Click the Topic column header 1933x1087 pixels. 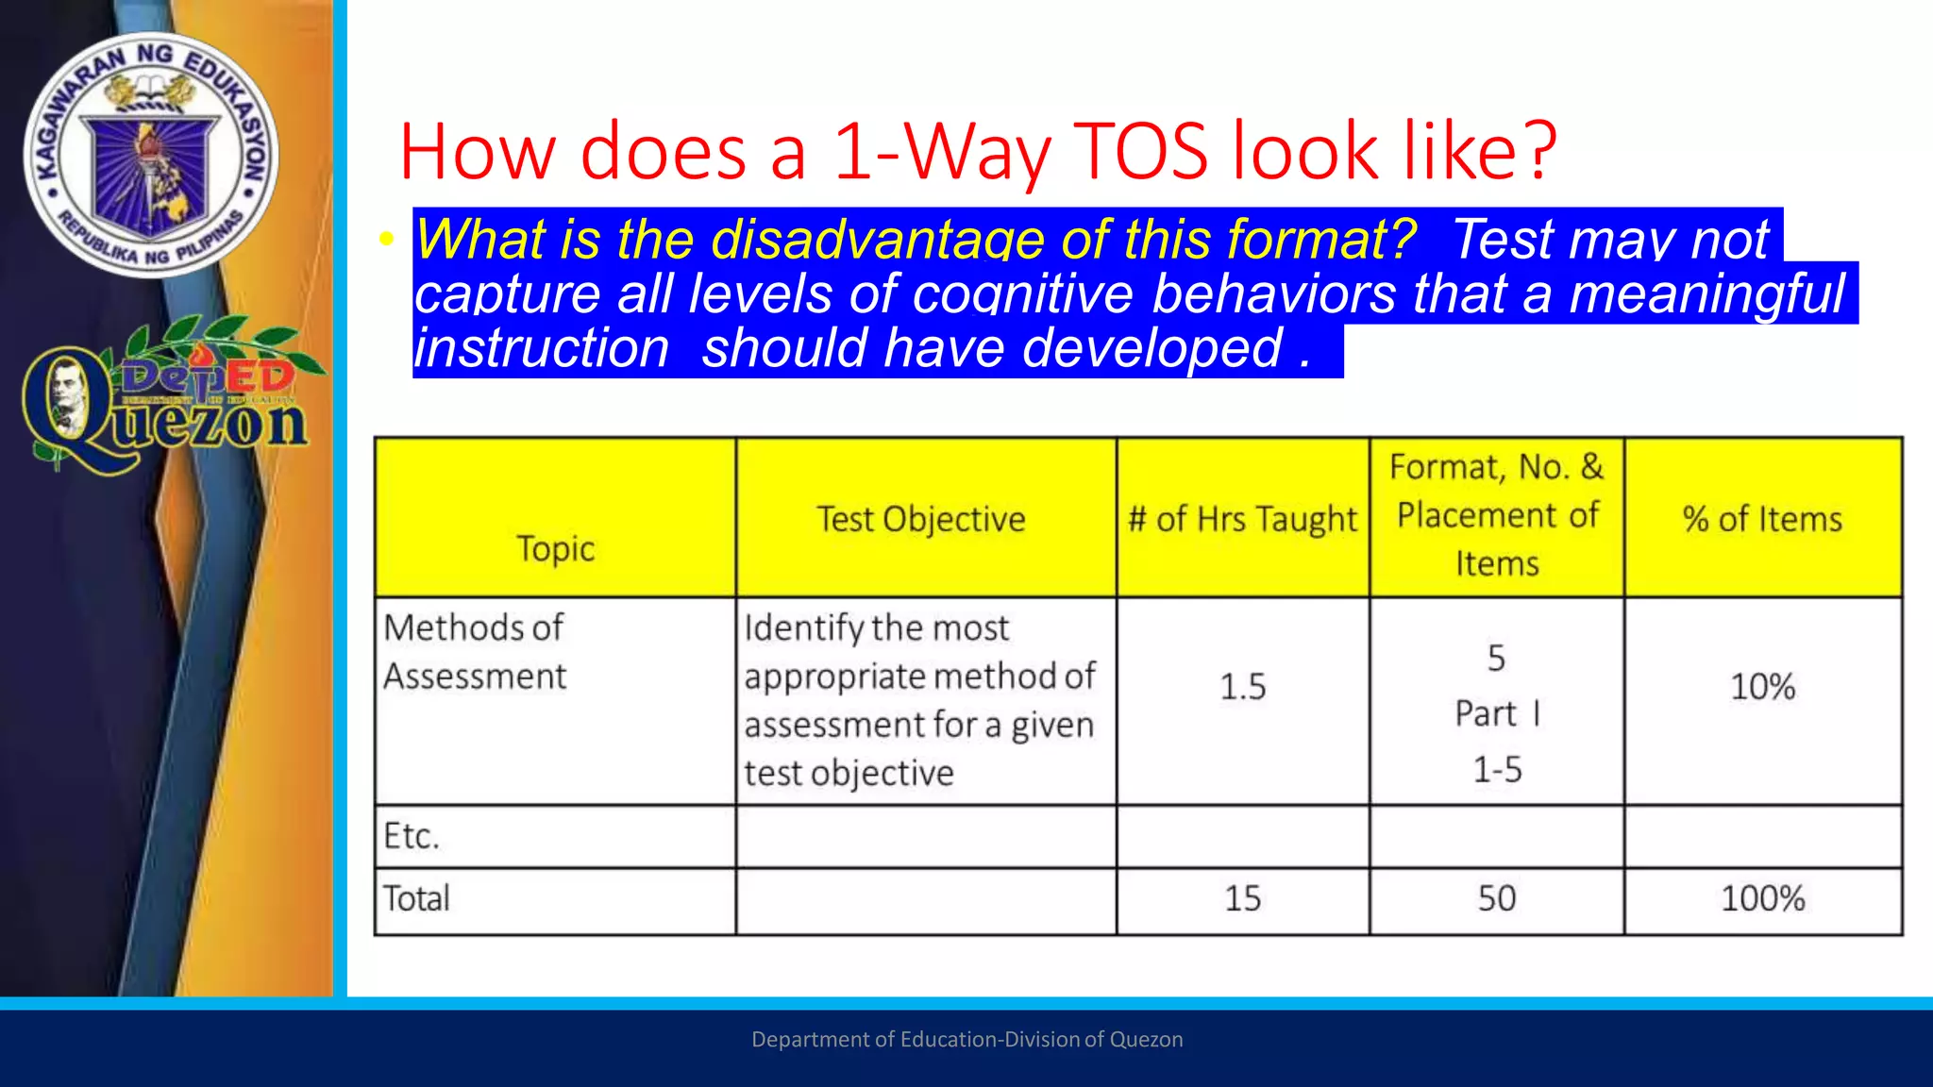tap(555, 548)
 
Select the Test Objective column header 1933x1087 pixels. tap(921, 519)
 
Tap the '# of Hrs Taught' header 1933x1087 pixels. tap(1242, 519)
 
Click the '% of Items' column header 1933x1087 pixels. tap(1762, 519)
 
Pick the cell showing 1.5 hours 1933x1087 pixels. tap(1242, 686)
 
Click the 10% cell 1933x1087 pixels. tap(1762, 686)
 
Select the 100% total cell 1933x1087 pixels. tap(1762, 898)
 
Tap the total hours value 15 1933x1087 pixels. tap(1242, 898)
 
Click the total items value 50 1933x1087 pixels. tap(1497, 898)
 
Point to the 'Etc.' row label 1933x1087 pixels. tap(412, 836)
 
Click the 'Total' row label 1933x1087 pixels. tap(416, 898)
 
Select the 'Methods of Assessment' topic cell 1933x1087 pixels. tap(475, 652)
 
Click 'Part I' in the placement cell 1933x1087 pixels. tap(1497, 713)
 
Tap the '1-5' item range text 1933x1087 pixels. tap(1497, 770)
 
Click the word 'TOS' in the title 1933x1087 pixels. tap(1140, 151)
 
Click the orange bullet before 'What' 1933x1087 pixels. tap(385, 240)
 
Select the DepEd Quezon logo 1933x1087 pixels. tap(165, 396)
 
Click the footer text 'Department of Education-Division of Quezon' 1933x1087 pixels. tap(966, 1040)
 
